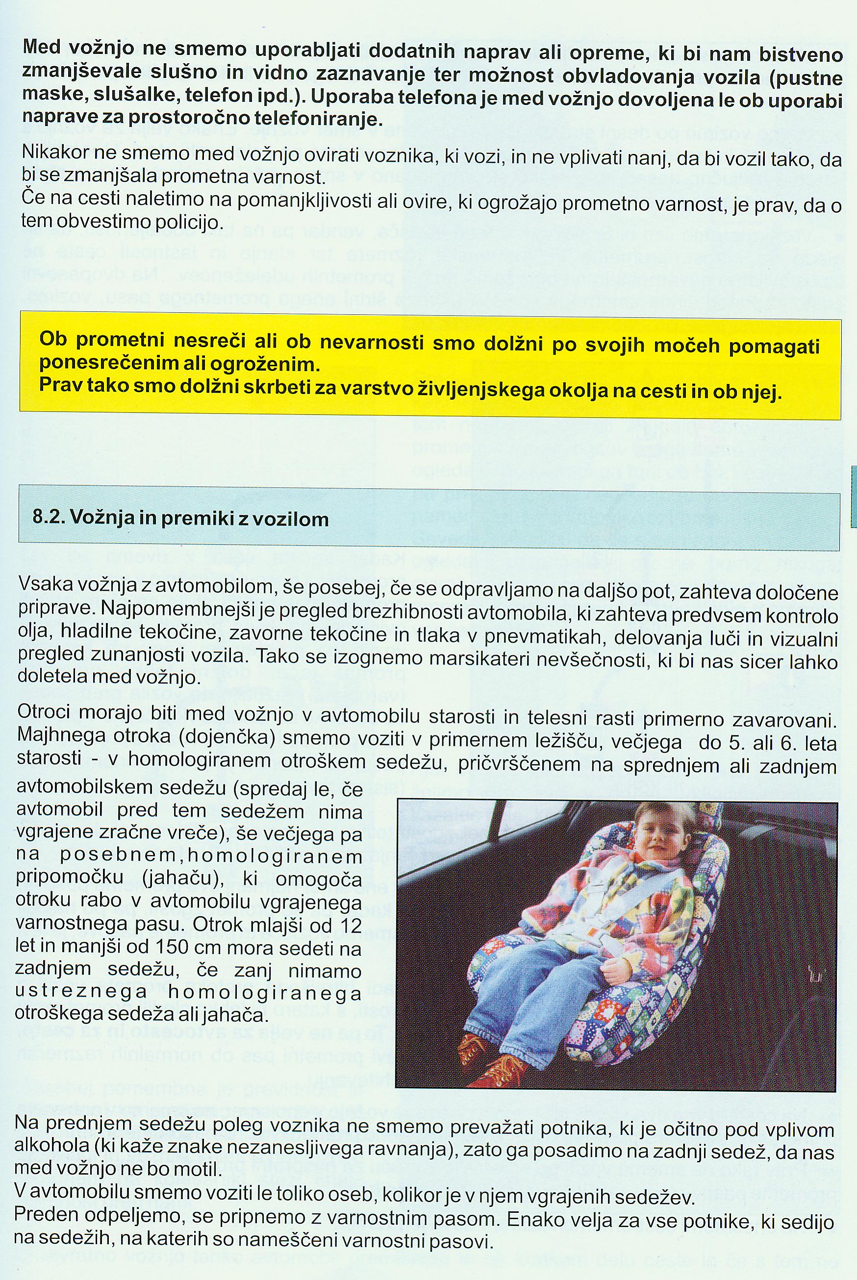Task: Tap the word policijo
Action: point(189,223)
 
